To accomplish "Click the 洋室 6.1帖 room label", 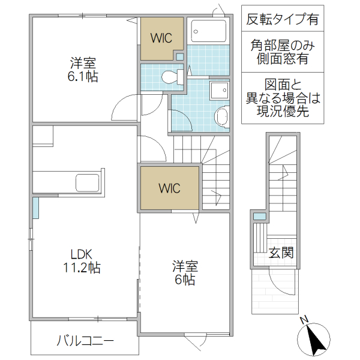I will click(x=83, y=70).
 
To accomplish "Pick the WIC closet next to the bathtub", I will click(x=161, y=38).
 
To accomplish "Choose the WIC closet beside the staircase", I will click(x=169, y=187).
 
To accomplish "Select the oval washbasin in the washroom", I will click(x=221, y=115).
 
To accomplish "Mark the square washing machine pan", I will click(x=218, y=91).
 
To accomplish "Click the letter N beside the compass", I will click(x=304, y=319).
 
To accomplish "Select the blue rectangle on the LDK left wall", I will click(x=35, y=207).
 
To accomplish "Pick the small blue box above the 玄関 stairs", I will click(x=259, y=215).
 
